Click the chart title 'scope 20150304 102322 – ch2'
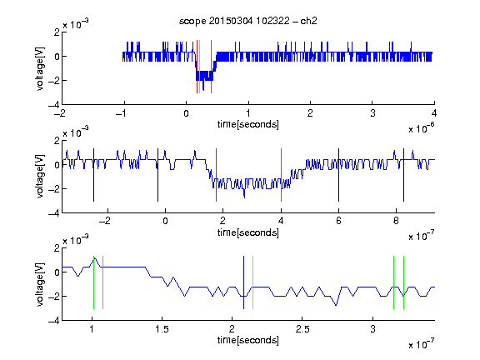(248, 21)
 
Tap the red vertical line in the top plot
(197, 67)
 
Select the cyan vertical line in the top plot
(199, 67)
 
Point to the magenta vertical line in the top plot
(211, 67)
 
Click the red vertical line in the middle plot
(216, 175)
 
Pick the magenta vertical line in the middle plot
(281, 175)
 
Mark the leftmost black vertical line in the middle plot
(93, 175)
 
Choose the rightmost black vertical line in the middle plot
(403, 175)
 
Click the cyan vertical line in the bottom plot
(252, 282)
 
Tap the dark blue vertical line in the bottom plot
(243, 282)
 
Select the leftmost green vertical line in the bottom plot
(93, 282)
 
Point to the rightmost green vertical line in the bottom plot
(404, 282)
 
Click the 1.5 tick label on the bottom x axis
(162, 329)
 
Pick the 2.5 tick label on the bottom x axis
(302, 329)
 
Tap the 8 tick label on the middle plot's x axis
(396, 221)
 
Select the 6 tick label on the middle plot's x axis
(338, 221)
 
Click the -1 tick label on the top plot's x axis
(121, 113)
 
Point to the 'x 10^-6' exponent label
(422, 128)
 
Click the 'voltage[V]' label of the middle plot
(40, 177)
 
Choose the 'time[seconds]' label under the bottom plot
(248, 340)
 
